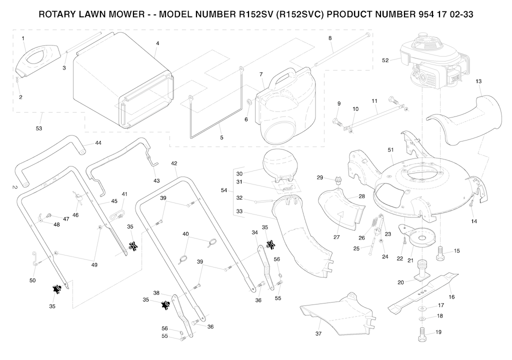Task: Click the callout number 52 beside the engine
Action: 385,60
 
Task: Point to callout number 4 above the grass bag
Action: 157,43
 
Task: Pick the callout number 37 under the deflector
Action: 318,333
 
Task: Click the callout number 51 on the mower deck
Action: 391,149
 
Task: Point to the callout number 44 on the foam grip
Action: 98,143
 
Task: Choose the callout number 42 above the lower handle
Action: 174,163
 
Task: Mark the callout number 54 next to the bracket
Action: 224,190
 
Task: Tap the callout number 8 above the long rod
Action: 330,38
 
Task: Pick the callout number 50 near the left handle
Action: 32,280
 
